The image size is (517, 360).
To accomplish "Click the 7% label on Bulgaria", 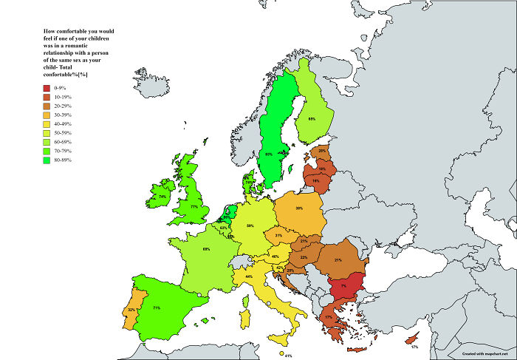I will pos(344,286).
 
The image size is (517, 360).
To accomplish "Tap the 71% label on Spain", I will pos(157,307).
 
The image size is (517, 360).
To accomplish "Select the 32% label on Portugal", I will pos(131,310).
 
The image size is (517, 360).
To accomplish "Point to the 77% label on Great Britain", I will pos(194,208).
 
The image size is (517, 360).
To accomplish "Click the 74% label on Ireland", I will pos(162,197).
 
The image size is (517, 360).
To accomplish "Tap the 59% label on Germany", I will pos(250,225).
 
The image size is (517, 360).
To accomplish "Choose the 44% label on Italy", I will pos(250,276).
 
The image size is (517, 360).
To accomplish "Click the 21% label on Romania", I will pos(338,260).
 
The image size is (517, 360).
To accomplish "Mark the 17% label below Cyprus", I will pos(414,347).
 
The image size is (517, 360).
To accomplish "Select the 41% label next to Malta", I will pos(289,356).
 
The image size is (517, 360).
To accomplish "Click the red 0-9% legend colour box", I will pos(47,88).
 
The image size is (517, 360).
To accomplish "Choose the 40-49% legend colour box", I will pos(47,124).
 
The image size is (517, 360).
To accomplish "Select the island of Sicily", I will pos(279,338).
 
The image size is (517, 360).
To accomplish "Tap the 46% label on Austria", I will pos(275,257).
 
